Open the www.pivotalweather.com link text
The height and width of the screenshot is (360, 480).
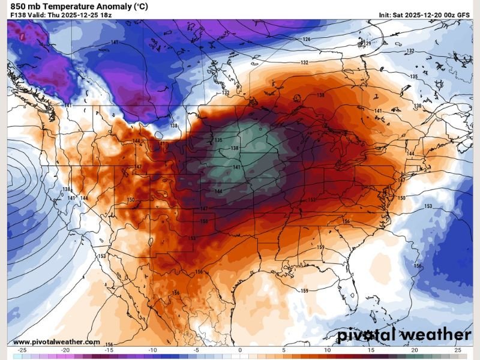(56, 342)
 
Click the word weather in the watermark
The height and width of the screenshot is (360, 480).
(440, 335)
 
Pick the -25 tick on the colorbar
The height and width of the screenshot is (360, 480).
(22, 349)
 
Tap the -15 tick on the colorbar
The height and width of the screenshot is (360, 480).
(109, 349)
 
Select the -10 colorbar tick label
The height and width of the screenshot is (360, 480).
(152, 349)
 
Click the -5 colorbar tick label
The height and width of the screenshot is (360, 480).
(196, 349)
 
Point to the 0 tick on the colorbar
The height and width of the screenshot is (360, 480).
(240, 349)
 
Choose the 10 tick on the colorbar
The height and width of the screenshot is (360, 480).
(327, 349)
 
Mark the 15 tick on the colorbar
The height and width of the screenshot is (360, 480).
(371, 349)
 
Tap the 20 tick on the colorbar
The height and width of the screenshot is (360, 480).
(415, 349)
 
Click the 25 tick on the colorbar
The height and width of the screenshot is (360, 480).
(458, 349)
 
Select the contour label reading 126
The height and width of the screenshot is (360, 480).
(307, 40)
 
